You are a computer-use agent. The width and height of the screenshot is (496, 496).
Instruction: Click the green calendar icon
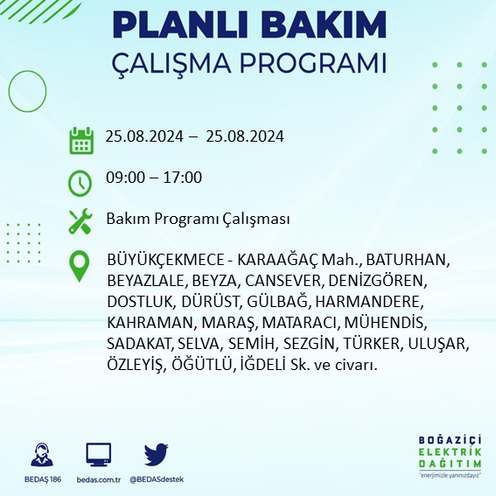coord(80,140)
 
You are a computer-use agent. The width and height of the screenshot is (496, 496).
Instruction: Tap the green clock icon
coord(80,182)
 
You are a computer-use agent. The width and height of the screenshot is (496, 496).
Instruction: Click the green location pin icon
coord(80,265)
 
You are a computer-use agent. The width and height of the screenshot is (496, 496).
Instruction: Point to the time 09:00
coord(123,178)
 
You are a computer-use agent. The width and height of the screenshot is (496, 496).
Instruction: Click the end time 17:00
coord(184,178)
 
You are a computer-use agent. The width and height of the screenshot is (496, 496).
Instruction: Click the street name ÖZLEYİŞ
coord(134,364)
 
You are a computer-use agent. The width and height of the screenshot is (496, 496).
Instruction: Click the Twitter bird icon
coord(156,454)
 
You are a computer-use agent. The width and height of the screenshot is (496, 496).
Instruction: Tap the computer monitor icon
coord(98,454)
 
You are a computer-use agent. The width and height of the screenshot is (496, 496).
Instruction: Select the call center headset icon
coord(39,454)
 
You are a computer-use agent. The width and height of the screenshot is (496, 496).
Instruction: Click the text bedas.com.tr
coord(98,479)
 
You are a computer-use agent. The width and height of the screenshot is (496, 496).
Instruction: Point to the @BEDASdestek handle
coord(156,479)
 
